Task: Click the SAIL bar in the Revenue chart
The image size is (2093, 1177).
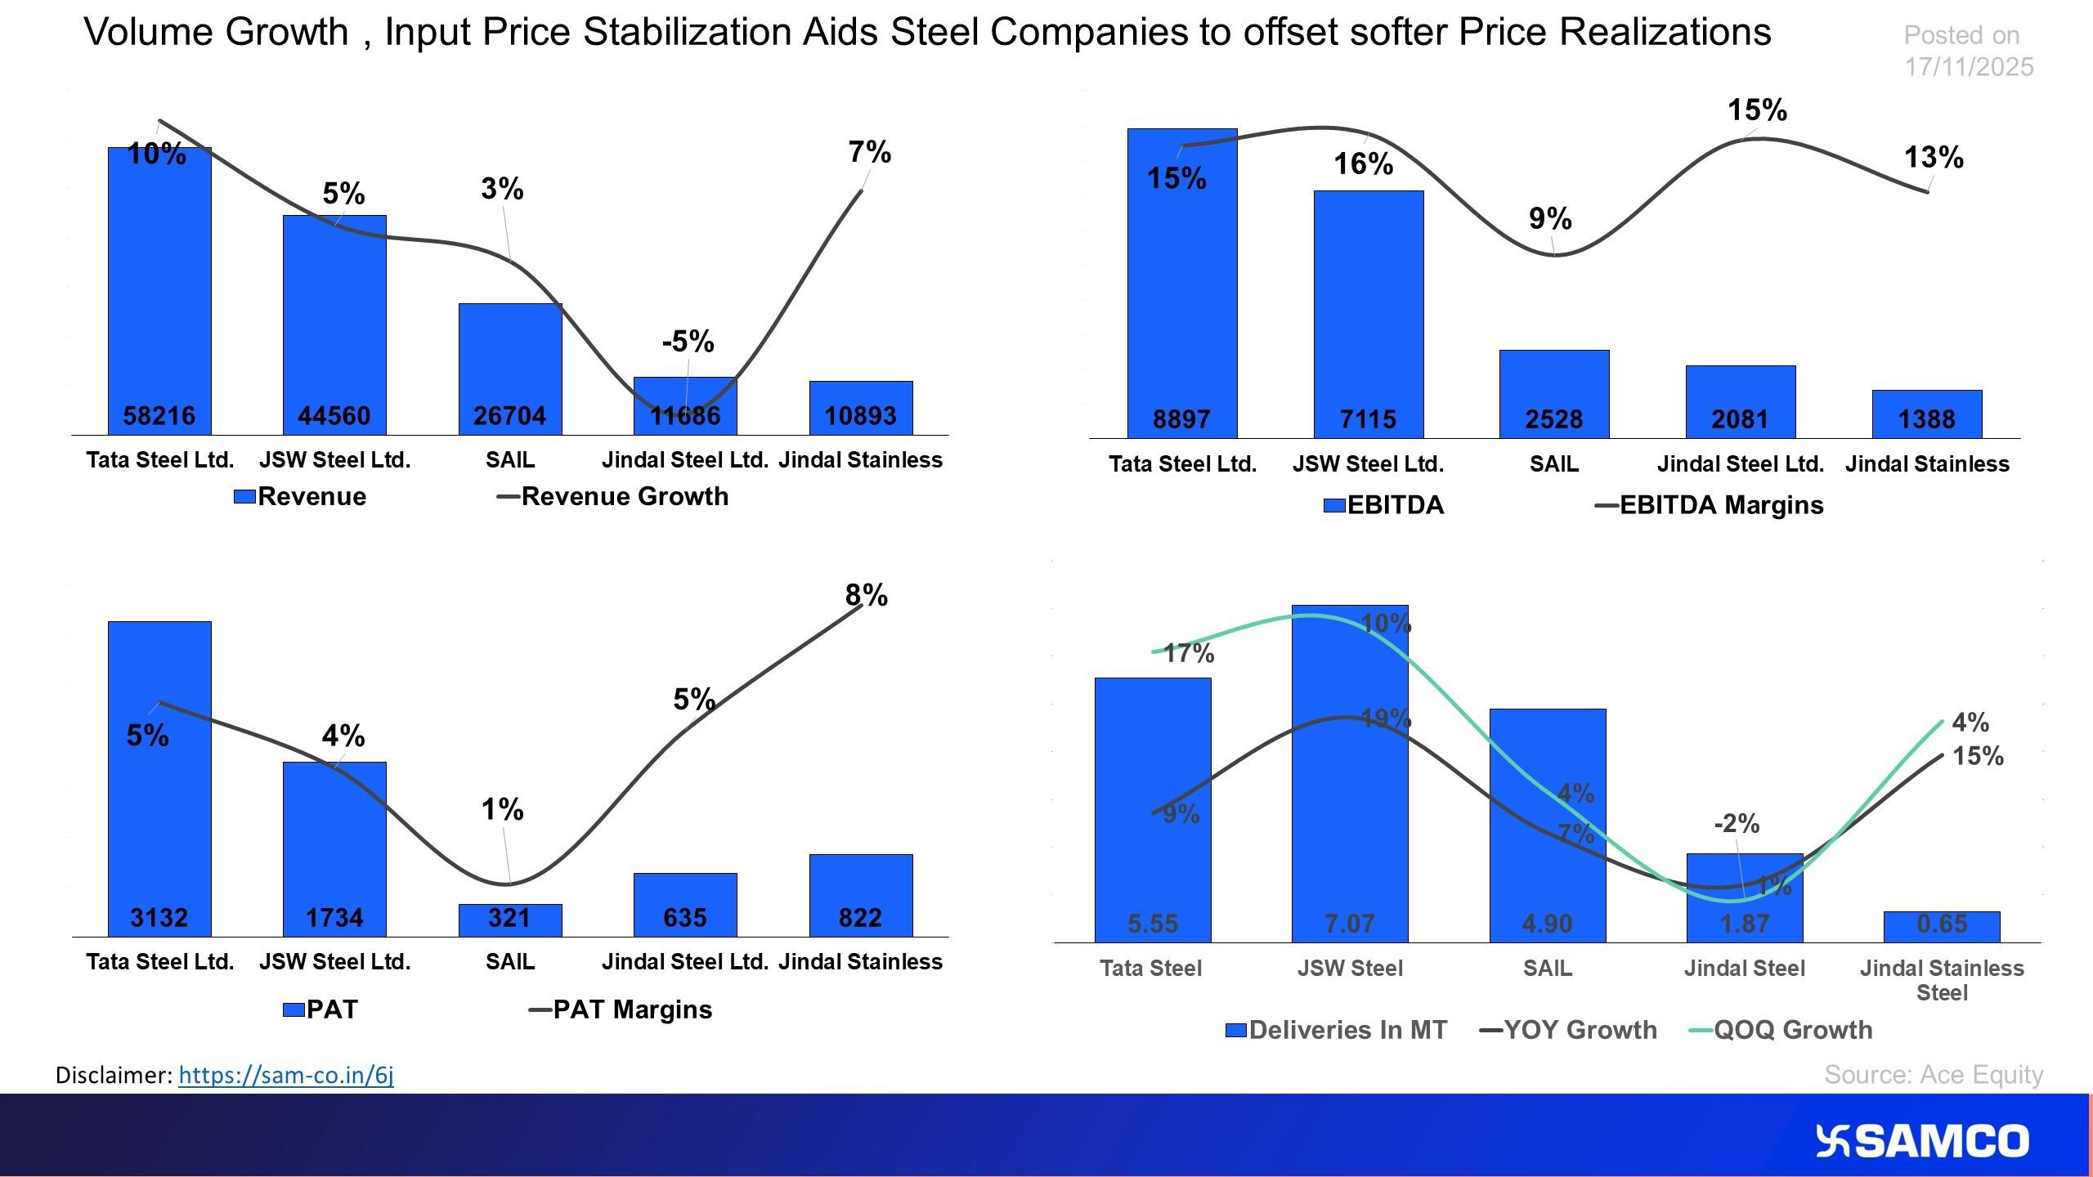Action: [x=509, y=360]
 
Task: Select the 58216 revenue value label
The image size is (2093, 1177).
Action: [x=159, y=416]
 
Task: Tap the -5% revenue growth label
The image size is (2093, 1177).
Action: [x=688, y=342]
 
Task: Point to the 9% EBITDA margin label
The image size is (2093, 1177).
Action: [x=1550, y=219]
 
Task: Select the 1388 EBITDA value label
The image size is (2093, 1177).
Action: [x=1926, y=419]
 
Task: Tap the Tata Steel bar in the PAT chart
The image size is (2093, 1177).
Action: [x=159, y=817]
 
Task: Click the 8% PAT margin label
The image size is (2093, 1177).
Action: [x=866, y=596]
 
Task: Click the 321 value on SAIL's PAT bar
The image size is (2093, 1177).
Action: [x=509, y=918]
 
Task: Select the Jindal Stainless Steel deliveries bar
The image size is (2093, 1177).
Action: [x=1942, y=927]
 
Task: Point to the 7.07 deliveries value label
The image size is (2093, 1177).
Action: [x=1350, y=924]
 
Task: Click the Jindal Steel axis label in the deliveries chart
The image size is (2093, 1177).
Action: [x=1744, y=969]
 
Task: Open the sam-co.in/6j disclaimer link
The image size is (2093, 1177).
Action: [x=285, y=1075]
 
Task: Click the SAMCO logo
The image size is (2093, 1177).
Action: [x=1921, y=1141]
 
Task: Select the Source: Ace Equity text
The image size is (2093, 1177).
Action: [x=1933, y=1075]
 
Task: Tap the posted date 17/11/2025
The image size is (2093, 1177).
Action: [x=1968, y=67]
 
